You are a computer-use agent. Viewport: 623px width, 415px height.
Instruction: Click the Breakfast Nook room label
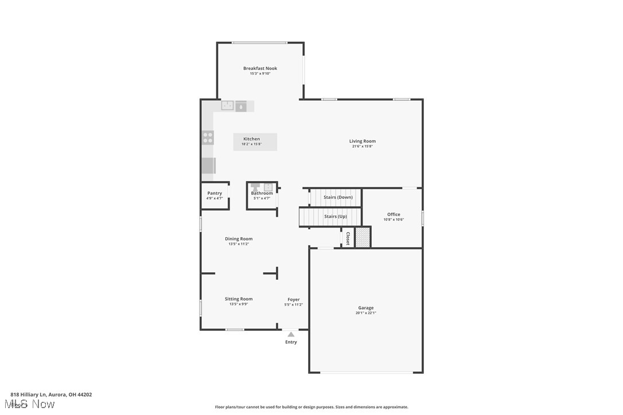(x=260, y=68)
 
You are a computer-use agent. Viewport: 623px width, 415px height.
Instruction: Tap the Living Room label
(x=363, y=141)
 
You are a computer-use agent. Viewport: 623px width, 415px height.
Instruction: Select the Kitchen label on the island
(x=251, y=139)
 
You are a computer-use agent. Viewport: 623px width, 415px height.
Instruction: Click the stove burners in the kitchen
(x=208, y=138)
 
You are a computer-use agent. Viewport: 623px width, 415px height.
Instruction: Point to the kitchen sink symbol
(x=228, y=106)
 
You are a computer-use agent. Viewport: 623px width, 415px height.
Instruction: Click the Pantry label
(x=215, y=193)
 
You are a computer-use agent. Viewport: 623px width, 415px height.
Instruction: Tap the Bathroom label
(x=262, y=193)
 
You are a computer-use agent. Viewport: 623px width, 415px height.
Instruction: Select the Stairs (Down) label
(x=338, y=197)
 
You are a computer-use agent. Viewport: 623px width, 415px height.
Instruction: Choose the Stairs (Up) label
(x=335, y=217)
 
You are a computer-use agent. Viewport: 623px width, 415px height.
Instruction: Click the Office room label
(x=394, y=214)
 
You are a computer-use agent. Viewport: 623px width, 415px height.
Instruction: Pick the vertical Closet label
(x=348, y=238)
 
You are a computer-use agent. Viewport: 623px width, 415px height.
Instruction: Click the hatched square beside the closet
(x=363, y=238)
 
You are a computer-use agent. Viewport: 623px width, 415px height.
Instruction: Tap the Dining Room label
(x=239, y=238)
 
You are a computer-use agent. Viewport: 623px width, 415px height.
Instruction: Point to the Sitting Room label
(x=239, y=299)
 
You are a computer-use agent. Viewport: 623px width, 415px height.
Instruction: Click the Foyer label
(x=294, y=299)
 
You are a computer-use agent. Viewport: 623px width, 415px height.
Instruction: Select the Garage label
(x=366, y=308)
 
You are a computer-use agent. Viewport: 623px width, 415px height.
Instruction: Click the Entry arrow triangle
(x=291, y=334)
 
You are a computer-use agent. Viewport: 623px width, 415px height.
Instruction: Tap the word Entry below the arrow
(x=291, y=342)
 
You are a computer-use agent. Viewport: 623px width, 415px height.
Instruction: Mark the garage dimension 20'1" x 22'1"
(x=366, y=313)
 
